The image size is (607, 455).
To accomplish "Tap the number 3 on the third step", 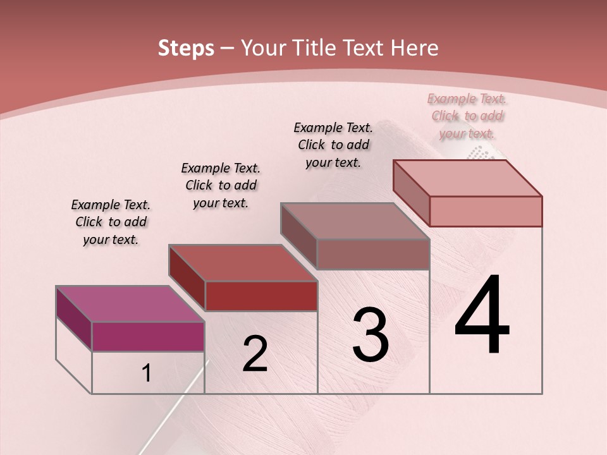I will [x=371, y=334].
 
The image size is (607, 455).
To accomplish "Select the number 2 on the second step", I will [x=255, y=353].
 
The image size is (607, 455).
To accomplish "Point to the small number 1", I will [x=147, y=373].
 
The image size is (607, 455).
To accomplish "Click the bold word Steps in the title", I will [x=186, y=48].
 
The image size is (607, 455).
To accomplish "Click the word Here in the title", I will [x=415, y=48].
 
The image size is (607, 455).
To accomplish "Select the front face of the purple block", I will [x=148, y=336].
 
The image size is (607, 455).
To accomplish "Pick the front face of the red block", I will [x=261, y=296].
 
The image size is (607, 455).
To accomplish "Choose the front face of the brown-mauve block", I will [x=373, y=254].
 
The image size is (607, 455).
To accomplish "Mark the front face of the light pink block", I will [x=486, y=211].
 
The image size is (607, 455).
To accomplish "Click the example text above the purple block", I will [x=111, y=222].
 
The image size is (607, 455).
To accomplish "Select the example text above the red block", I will [x=221, y=186].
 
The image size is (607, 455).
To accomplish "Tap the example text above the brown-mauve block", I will [x=333, y=145].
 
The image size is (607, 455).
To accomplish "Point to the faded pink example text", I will [x=467, y=116].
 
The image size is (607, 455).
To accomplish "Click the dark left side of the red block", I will [x=187, y=277].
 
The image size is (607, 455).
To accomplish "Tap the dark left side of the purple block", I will [x=74, y=318].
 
